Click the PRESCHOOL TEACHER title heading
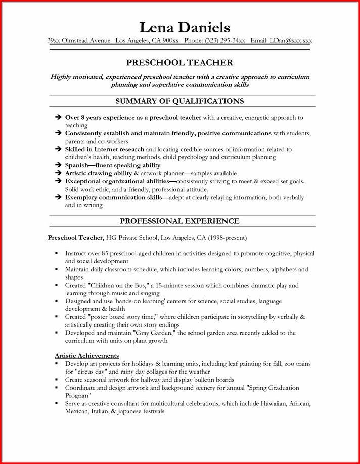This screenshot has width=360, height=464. (179, 63)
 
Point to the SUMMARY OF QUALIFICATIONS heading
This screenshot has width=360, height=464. (179, 101)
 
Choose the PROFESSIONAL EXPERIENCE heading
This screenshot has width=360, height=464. (179, 221)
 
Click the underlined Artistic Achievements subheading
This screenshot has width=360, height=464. (86, 355)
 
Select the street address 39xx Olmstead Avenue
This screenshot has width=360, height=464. (79, 40)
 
